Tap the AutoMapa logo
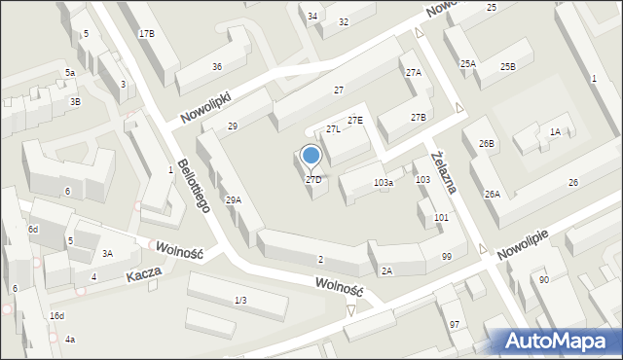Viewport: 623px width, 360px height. [556, 341]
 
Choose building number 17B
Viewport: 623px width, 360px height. [146, 34]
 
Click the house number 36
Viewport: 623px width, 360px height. [217, 66]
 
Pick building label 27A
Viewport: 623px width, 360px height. [414, 73]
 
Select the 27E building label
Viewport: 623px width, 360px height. [355, 121]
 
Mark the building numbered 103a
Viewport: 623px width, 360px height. [384, 183]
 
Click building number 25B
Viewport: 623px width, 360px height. [507, 66]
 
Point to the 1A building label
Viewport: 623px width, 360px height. [555, 131]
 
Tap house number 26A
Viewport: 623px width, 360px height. [493, 195]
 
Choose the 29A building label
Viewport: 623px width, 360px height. [234, 200]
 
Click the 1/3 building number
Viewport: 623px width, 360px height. [240, 300]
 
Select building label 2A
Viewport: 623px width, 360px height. [386, 271]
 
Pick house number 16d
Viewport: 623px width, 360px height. [57, 316]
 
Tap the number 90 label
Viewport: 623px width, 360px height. [543, 280]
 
